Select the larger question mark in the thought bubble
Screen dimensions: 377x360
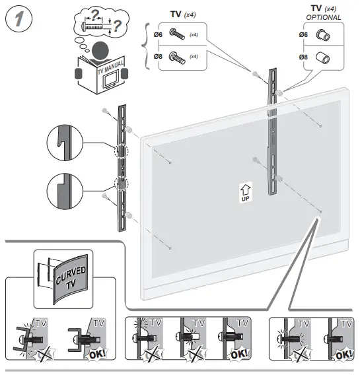(x=117, y=27)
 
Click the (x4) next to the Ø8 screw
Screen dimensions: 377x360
(x=195, y=57)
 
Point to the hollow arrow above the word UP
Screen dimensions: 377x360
(x=244, y=188)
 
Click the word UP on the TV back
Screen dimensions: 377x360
(x=244, y=198)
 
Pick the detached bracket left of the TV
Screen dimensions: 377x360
(x=120, y=168)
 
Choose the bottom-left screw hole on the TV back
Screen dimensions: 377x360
(x=170, y=248)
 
